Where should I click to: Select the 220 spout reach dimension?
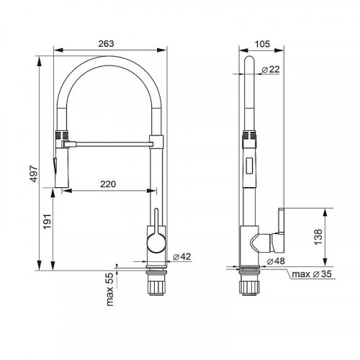click(x=109, y=184)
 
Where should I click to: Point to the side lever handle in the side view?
click(x=280, y=222)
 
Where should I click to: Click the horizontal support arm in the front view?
click(x=108, y=143)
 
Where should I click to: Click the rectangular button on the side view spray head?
click(x=250, y=165)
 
